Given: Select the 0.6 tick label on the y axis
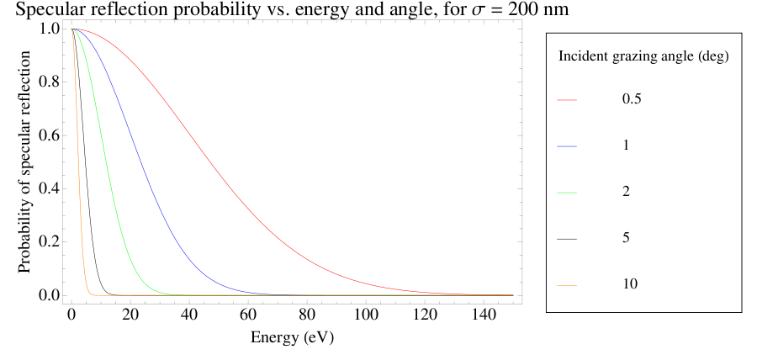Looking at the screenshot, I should point(50,135).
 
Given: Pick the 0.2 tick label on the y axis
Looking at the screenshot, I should point(50,242).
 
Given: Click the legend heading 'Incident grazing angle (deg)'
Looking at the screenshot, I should point(643,58).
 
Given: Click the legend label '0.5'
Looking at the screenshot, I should point(632,99).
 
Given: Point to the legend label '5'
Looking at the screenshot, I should point(626,238).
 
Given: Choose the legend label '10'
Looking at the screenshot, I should point(629,284).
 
